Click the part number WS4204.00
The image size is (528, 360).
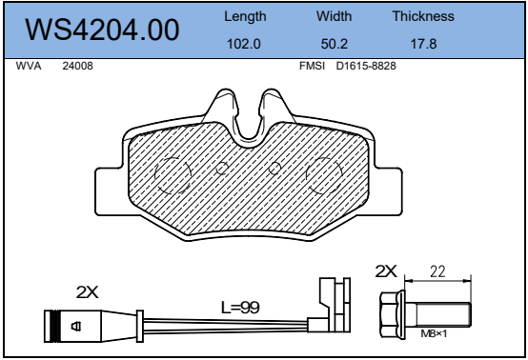point(102,30)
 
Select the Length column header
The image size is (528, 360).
point(245,17)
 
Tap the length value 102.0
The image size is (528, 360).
point(244,44)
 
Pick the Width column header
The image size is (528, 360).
point(334,16)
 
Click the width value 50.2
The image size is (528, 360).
point(334,44)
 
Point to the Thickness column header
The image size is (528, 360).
point(423,16)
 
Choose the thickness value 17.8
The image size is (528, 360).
point(423,44)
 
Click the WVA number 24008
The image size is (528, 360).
point(77,66)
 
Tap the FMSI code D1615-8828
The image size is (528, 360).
point(366,66)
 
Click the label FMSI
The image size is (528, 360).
point(313,66)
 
